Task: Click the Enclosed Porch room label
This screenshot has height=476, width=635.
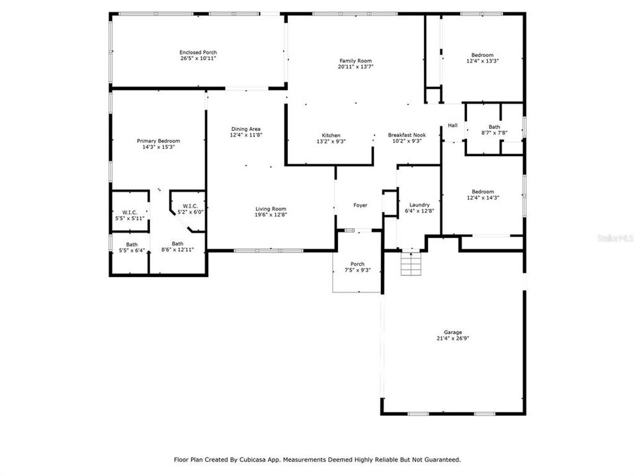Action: pos(198,52)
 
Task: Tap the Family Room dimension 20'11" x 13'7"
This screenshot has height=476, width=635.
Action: pos(356,67)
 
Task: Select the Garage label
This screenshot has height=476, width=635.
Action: pos(453,332)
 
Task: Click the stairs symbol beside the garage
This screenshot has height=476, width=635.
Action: pos(411,265)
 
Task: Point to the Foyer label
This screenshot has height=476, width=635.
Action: pos(360,206)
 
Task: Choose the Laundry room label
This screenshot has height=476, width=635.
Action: pos(419,205)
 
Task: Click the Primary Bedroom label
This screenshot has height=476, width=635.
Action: pos(158,141)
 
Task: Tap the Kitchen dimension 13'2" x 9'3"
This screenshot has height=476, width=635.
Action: pos(331,141)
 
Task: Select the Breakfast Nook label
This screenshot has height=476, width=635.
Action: pos(407,135)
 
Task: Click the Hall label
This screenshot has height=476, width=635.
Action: pos(452,126)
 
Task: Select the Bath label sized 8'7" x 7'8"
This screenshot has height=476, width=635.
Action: pos(494,133)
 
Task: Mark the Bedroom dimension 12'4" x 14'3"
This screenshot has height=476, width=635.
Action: pos(482,198)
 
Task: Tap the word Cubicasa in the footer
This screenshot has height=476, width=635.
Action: pos(251,459)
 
